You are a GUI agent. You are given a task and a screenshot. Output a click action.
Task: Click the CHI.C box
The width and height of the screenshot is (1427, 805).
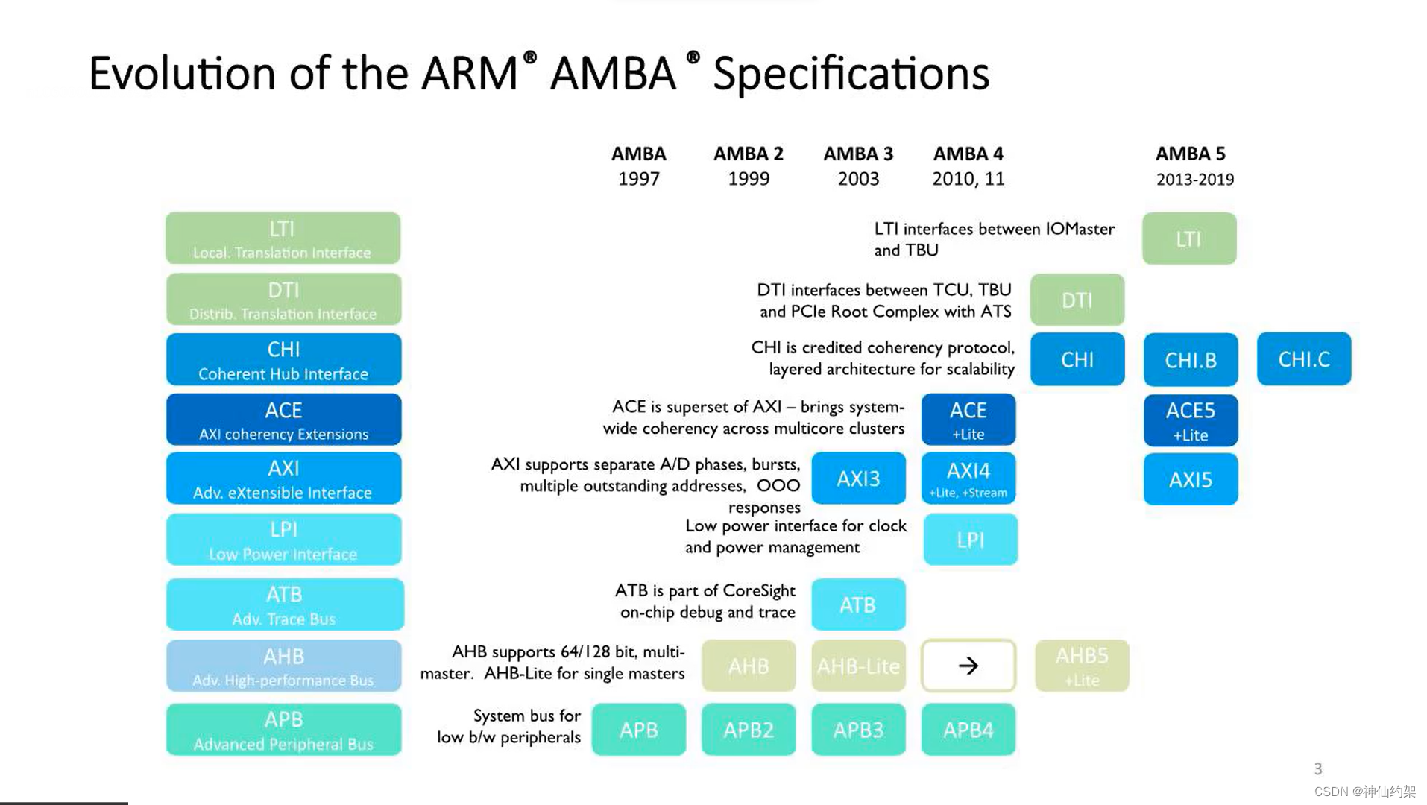click(x=1303, y=359)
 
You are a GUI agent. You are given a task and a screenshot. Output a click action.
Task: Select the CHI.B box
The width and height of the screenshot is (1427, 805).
click(x=1191, y=360)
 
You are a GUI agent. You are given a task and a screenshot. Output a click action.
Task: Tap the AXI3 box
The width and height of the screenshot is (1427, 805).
click(x=858, y=479)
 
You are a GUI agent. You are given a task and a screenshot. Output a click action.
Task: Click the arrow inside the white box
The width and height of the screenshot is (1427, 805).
click(x=968, y=666)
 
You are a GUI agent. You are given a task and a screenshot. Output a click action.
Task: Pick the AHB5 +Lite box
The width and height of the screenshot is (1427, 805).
click(x=1082, y=666)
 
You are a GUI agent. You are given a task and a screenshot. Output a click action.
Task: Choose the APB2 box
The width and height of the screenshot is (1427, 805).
click(x=749, y=730)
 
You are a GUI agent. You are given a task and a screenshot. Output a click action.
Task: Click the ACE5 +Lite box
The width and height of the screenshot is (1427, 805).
click(x=1191, y=420)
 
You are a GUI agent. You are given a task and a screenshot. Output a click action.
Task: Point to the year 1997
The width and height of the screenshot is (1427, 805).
click(x=639, y=179)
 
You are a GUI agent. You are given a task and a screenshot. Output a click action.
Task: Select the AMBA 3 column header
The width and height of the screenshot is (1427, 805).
click(x=858, y=154)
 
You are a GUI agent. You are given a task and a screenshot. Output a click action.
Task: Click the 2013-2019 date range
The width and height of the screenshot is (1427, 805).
click(x=1195, y=180)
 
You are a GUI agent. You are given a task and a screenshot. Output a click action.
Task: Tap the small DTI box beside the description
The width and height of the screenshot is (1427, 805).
click(x=1077, y=300)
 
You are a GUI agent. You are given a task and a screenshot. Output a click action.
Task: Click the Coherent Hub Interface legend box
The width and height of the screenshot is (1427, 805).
click(x=283, y=360)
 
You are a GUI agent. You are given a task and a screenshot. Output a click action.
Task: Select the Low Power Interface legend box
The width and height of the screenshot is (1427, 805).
click(x=283, y=540)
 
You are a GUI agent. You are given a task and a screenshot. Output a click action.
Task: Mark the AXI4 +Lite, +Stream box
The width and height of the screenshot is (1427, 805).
click(x=968, y=479)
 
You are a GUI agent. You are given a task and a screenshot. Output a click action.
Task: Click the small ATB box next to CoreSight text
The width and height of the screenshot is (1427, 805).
click(x=858, y=604)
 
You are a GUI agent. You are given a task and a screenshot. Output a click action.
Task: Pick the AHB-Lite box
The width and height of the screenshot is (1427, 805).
click(x=858, y=666)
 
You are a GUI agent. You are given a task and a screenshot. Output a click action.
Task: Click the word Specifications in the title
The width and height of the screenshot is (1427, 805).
click(x=851, y=74)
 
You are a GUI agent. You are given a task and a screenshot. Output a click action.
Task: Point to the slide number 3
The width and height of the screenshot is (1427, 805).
click(x=1318, y=768)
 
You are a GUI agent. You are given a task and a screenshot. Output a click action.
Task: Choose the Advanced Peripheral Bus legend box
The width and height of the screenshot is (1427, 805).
click(x=283, y=730)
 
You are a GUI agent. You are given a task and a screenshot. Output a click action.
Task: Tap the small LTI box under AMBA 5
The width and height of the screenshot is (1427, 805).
click(x=1189, y=239)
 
